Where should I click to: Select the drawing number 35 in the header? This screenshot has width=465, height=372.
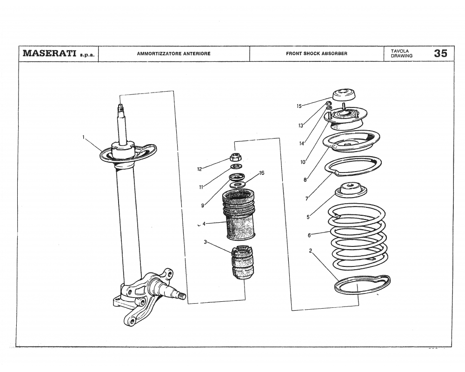(x=440, y=53)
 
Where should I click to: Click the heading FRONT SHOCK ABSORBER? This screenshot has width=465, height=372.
(x=316, y=53)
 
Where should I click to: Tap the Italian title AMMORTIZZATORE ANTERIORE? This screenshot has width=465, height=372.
(x=173, y=53)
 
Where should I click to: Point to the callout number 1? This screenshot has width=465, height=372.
(x=84, y=137)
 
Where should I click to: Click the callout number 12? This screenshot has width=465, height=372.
(x=199, y=169)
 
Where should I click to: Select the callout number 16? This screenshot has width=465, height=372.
(x=262, y=173)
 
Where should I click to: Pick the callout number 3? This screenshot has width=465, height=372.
(x=205, y=242)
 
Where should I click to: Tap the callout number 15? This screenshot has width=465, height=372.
(x=299, y=106)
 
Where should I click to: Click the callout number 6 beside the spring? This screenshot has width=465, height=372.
(x=309, y=235)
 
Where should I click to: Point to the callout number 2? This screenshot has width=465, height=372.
(x=310, y=252)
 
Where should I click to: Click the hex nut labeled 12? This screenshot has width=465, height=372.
(x=236, y=157)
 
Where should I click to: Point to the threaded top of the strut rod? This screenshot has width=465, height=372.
(x=120, y=110)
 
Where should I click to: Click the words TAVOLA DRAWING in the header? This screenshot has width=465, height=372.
(x=401, y=53)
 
